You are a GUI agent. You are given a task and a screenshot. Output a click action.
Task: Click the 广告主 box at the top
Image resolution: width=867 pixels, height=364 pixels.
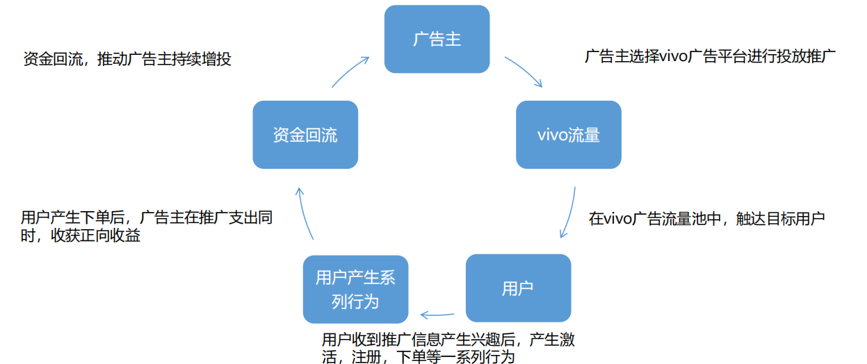(x=437, y=39)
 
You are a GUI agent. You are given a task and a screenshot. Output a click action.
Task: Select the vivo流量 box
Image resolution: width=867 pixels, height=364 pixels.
(x=568, y=135)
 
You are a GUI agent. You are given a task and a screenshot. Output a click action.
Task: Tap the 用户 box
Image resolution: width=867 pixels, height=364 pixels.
(x=517, y=288)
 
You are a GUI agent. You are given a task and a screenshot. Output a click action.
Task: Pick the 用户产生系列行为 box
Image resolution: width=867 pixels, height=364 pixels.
(x=355, y=289)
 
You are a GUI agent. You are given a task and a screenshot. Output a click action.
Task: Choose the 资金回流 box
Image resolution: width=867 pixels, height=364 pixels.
(x=305, y=135)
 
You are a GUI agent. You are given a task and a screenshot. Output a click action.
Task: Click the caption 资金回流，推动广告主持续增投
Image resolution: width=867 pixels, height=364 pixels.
(x=127, y=59)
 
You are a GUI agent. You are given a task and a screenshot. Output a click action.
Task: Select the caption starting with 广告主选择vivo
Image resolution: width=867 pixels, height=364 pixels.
(x=709, y=56)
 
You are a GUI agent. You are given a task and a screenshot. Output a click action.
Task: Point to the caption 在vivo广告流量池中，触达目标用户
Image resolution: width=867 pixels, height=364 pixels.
(x=706, y=219)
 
